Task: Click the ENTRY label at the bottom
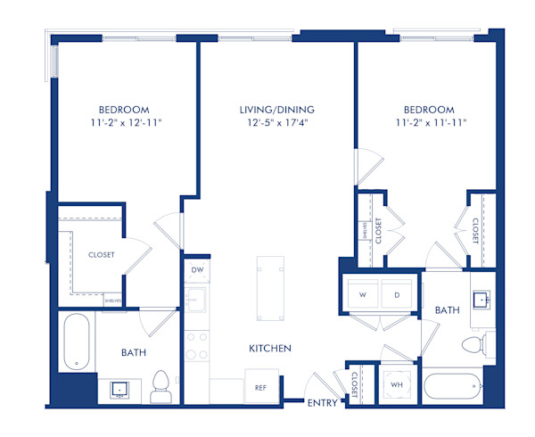click(x=322, y=404)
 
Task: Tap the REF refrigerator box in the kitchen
click(x=261, y=388)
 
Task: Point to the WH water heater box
click(x=396, y=386)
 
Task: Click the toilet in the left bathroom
click(x=160, y=385)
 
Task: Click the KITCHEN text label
click(x=270, y=348)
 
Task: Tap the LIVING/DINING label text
click(x=276, y=110)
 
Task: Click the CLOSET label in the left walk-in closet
click(x=101, y=254)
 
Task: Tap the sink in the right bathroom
click(x=483, y=299)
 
